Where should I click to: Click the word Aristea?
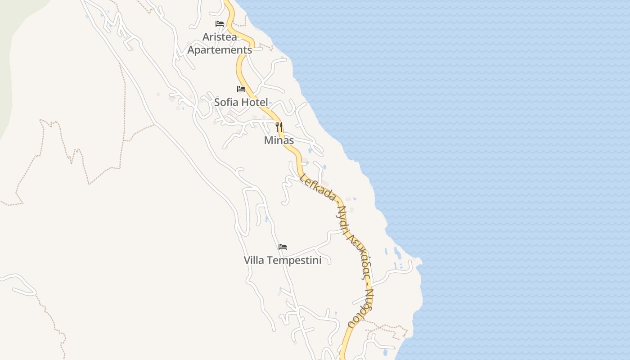coord(220,37)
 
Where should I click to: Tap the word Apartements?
coord(220,50)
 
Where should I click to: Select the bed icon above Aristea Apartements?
coord(220,24)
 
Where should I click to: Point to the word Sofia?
coord(226,102)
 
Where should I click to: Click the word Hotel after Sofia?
coord(254,102)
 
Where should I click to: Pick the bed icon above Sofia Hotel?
coord(241,89)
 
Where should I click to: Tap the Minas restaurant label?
coord(279,140)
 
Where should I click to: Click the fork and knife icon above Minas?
coord(279,127)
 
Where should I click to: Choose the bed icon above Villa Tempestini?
coord(283,247)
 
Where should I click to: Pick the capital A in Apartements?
coord(191,50)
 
